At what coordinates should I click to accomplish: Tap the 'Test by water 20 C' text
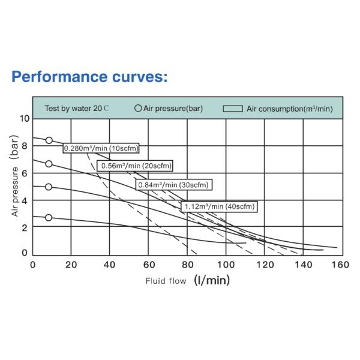coord(77,109)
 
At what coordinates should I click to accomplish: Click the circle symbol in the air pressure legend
coord(138,109)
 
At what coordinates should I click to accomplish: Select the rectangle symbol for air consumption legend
coord(233,109)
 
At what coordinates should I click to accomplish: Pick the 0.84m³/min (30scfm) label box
coord(173,185)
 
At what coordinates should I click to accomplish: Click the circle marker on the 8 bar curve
coord(49,140)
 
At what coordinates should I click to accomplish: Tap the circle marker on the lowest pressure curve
coord(49,217)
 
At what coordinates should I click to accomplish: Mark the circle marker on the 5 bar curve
coord(49,187)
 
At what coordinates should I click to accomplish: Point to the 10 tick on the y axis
coord(23,118)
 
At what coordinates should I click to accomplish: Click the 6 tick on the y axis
coord(25,173)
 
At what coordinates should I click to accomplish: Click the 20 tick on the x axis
coord(71,265)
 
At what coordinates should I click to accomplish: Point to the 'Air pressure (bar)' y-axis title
coord(16,182)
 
